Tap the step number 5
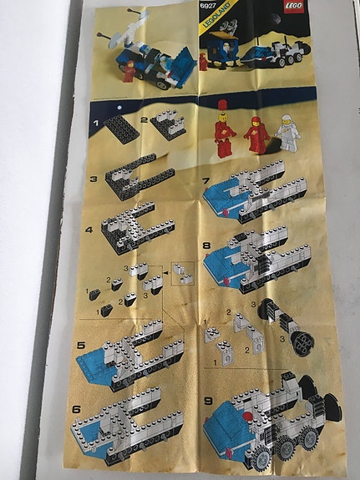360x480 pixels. click(80, 343)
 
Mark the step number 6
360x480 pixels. click(77, 409)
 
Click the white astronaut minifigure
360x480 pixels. click(289, 132)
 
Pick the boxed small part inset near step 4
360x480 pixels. click(181, 269)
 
